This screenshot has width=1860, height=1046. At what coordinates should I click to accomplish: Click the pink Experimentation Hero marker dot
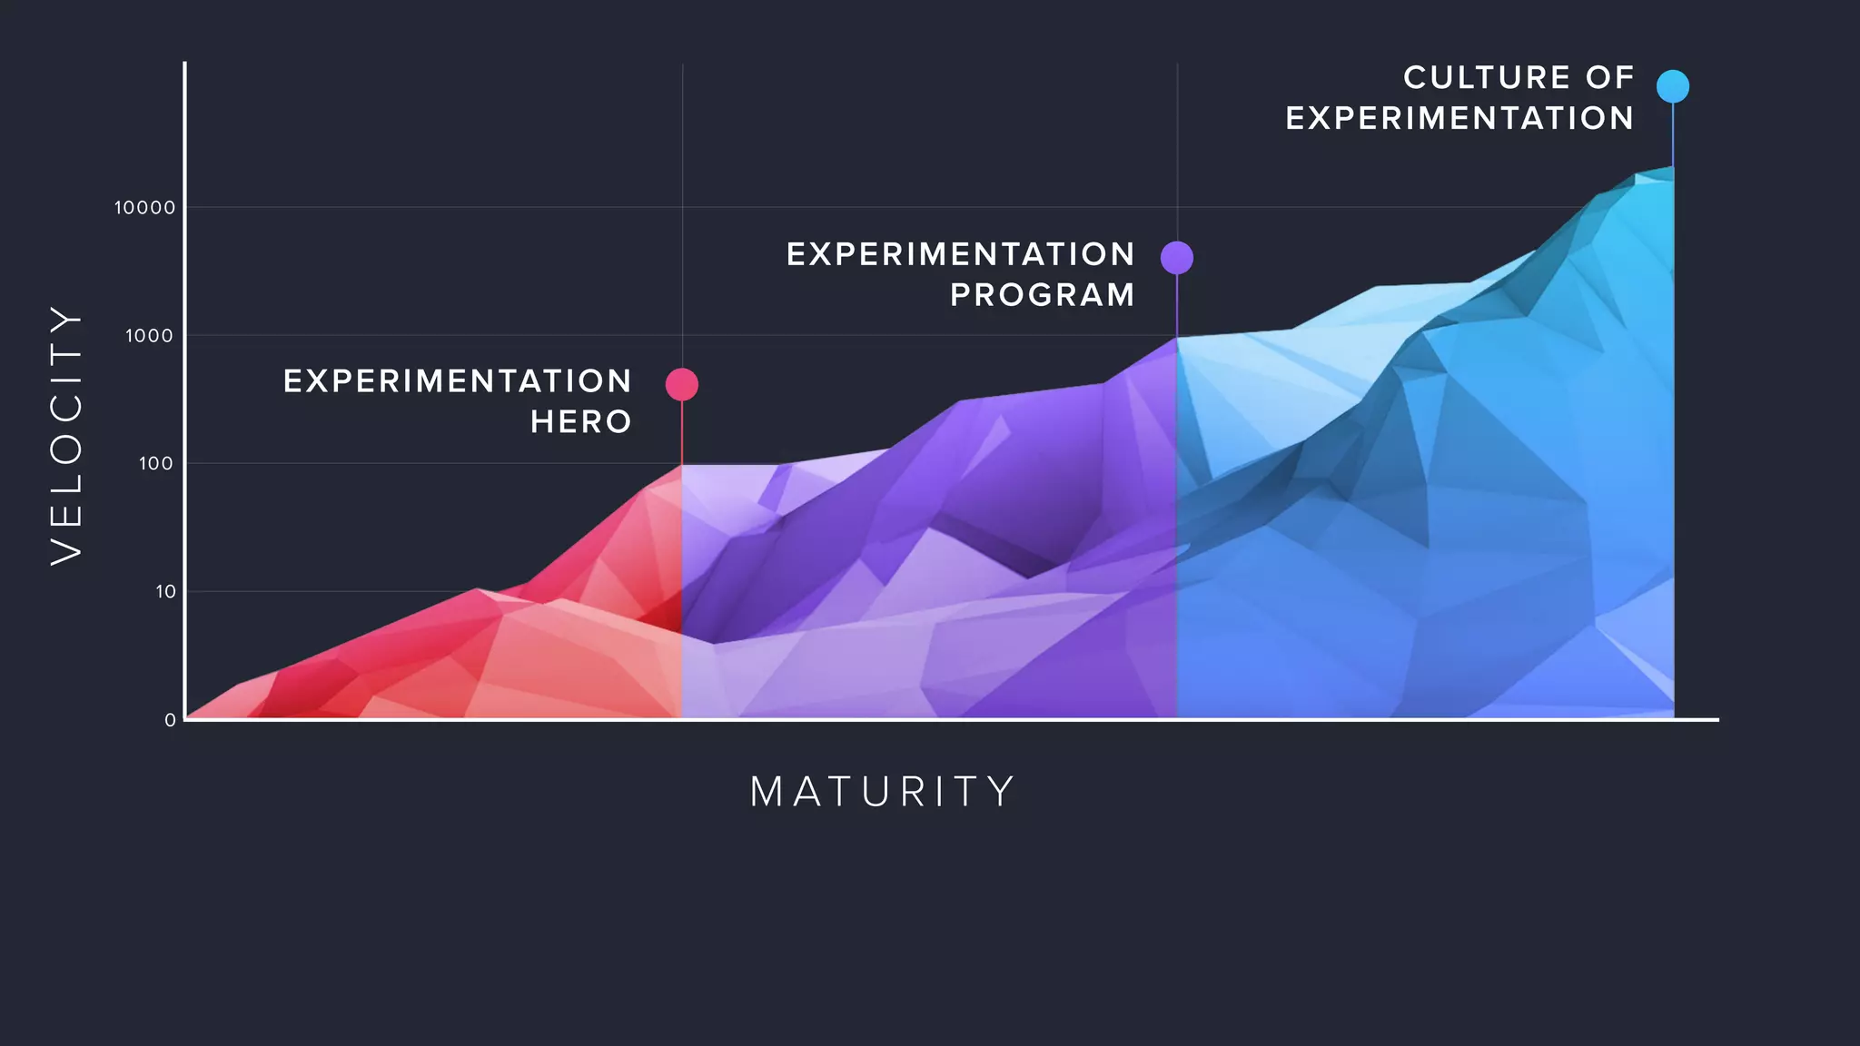point(682,384)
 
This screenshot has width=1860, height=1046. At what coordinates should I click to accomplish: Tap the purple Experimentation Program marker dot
point(1177,258)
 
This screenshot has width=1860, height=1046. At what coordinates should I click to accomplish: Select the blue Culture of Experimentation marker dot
point(1673,86)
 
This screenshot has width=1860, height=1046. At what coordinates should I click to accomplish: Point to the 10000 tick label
point(144,208)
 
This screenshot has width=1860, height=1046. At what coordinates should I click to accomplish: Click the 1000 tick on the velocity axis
point(149,336)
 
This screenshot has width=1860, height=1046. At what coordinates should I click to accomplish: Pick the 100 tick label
point(155,464)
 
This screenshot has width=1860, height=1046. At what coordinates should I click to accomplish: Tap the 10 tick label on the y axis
point(165,592)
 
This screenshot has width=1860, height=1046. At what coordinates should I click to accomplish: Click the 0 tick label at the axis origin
point(170,720)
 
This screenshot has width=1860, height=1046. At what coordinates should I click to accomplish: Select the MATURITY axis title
point(882,792)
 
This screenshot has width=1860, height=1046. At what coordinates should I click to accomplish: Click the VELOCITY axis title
point(66,435)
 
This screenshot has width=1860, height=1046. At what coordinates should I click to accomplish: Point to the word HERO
point(581,422)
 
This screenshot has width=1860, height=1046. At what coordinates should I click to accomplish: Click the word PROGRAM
point(1043,295)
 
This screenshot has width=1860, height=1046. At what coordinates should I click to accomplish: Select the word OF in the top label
point(1610,78)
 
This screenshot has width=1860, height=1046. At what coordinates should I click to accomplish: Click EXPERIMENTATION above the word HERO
point(458,381)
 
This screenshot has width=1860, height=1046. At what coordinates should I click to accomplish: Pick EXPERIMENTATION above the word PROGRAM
point(961,254)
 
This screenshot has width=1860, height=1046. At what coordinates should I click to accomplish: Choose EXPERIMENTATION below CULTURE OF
point(1459,118)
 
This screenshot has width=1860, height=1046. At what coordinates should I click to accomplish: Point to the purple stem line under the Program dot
point(1177,305)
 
